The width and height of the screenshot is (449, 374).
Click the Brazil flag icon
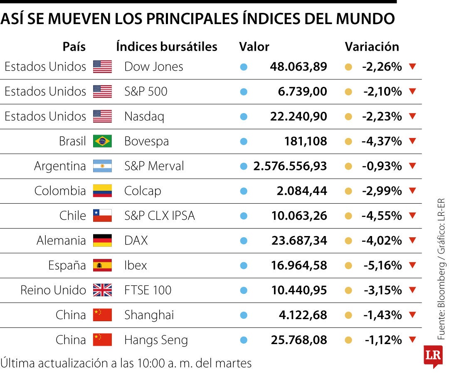[102, 141]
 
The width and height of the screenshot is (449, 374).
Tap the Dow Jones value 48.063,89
[298, 66]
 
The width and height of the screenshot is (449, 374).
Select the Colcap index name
[143, 191]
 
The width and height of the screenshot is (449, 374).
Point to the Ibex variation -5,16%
[382, 265]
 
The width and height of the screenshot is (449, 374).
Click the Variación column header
[372, 47]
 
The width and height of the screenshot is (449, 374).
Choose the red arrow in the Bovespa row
[412, 141]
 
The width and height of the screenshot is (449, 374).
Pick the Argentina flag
[102, 166]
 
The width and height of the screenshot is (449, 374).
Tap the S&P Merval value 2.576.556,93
[290, 166]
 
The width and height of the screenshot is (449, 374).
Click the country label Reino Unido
[53, 290]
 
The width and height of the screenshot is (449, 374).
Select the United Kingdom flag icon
[102, 290]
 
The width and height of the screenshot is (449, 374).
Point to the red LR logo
[432, 356]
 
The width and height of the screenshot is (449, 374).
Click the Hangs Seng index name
[156, 340]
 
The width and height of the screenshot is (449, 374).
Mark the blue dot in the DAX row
[244, 241]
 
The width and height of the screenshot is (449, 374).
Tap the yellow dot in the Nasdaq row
[349, 116]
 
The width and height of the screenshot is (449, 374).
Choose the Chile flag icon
[102, 216]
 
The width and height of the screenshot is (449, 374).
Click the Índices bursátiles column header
[167, 47]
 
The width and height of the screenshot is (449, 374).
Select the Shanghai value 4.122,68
[303, 315]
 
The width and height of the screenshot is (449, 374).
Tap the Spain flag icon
[102, 265]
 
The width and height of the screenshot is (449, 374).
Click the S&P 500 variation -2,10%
[382, 91]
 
